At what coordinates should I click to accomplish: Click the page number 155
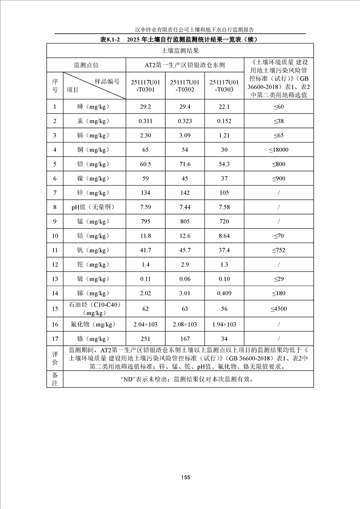pyautogui.click(x=185, y=477)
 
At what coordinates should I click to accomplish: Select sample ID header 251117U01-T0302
pyautogui.click(x=184, y=86)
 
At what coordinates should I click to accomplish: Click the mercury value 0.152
pyautogui.click(x=224, y=121)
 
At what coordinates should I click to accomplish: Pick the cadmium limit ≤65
pyautogui.click(x=278, y=136)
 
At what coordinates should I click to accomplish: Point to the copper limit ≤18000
pyautogui.click(x=278, y=150)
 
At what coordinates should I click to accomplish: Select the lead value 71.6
pyautogui.click(x=184, y=164)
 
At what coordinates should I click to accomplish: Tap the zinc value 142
pyautogui.click(x=184, y=193)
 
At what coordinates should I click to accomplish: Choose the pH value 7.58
pyautogui.click(x=224, y=207)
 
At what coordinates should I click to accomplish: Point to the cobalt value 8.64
pyautogui.click(x=224, y=236)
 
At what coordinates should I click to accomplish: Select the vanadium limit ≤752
pyautogui.click(x=278, y=250)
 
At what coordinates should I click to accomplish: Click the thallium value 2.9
pyautogui.click(x=184, y=264)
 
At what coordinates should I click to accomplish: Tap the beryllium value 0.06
pyautogui.click(x=184, y=279)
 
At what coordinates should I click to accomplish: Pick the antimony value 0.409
pyautogui.click(x=224, y=294)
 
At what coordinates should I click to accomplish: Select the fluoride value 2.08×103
pyautogui.click(x=184, y=324)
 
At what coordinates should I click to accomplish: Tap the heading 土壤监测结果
pyautogui.click(x=180, y=51)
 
